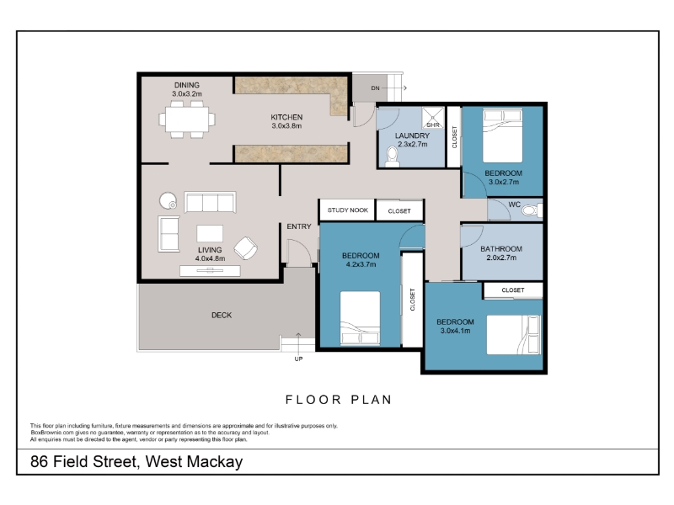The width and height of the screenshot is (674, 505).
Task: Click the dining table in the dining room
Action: [x=187, y=120]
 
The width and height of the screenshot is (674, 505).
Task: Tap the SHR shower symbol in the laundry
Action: [x=432, y=118]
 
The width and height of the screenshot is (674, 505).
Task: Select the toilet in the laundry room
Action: [x=392, y=157]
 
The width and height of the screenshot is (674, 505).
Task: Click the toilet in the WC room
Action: [x=532, y=210]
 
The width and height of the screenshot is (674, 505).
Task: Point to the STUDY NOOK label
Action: [x=348, y=210]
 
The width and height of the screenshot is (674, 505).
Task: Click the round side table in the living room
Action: [x=168, y=200]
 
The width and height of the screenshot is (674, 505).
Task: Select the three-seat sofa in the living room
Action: [x=210, y=202]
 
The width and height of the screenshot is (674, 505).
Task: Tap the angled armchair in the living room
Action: [x=246, y=248]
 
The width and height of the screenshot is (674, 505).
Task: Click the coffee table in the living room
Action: [x=210, y=234]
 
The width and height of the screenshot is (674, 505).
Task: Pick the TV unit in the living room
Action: [x=210, y=270]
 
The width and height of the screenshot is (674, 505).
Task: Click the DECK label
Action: [x=222, y=315]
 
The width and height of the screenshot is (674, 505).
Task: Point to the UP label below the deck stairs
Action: [x=298, y=359]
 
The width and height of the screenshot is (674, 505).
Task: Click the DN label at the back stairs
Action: [x=375, y=88]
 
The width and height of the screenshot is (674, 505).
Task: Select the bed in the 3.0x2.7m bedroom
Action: [x=502, y=136]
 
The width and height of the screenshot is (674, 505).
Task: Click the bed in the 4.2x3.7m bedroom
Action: [x=361, y=318]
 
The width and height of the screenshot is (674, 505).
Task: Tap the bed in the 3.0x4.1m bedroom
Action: [x=514, y=335]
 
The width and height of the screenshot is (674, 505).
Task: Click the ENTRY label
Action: [x=299, y=226]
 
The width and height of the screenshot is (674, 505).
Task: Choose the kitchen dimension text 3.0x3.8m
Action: [x=286, y=125]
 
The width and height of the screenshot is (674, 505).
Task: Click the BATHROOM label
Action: [x=501, y=248]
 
